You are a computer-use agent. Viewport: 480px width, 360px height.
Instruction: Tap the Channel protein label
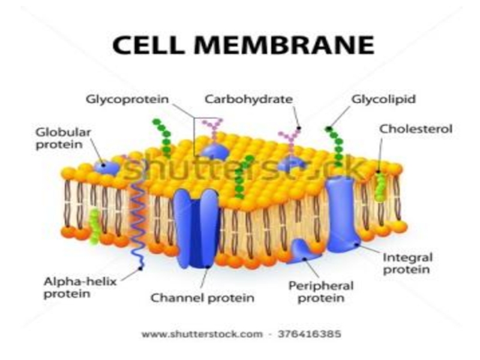coord(202,296)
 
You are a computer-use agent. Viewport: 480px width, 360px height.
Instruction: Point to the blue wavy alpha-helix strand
coord(137,222)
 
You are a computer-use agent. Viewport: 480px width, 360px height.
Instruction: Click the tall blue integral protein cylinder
coord(341,210)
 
